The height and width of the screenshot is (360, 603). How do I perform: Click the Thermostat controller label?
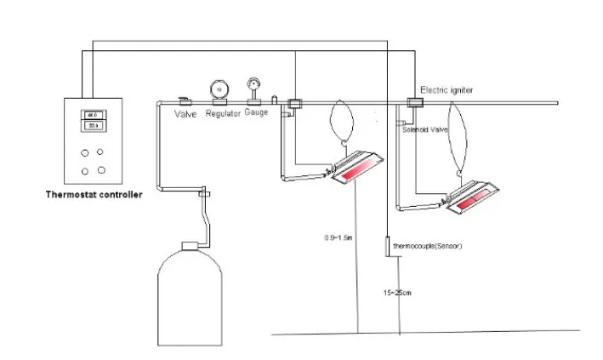click(94, 194)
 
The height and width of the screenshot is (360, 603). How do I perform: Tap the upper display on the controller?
click(93, 115)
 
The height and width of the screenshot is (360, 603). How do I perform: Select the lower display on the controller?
click(93, 126)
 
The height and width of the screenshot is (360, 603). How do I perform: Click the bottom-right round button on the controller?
click(102, 169)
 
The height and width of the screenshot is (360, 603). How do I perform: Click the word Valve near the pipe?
click(186, 113)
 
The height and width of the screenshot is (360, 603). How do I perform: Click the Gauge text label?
click(256, 111)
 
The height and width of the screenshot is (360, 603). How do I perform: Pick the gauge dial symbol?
click(253, 84)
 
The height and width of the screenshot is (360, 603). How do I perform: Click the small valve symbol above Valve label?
click(184, 100)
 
